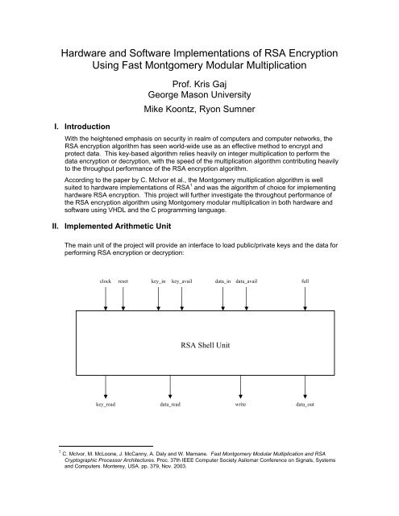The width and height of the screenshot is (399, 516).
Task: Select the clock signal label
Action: [x=105, y=281]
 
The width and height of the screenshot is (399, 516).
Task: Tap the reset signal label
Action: [x=123, y=281]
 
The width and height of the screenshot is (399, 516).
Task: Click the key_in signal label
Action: [x=159, y=281]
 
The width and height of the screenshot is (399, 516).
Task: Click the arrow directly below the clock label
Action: [x=106, y=299]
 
